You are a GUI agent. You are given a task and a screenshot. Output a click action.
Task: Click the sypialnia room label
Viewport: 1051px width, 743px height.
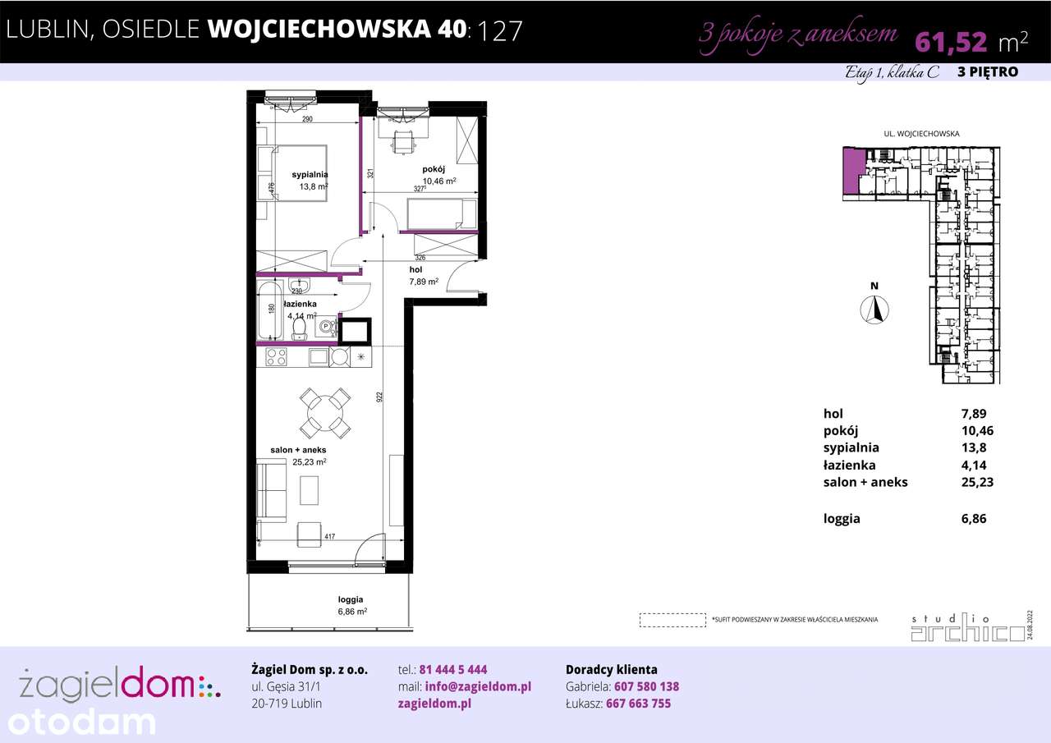310,174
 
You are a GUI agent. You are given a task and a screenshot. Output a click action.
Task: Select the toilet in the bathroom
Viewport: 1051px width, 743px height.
300,328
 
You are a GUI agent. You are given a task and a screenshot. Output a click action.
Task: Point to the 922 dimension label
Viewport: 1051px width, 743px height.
379,397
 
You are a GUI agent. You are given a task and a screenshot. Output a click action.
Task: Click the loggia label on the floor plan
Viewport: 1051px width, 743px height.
350,599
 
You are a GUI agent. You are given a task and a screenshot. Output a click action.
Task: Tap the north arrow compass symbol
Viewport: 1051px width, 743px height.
875,310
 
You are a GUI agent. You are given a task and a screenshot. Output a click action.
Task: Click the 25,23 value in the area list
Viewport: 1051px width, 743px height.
976,482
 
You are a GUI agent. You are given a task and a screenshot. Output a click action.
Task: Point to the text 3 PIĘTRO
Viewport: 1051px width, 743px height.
988,72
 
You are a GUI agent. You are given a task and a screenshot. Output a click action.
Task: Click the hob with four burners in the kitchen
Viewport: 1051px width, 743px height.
275,357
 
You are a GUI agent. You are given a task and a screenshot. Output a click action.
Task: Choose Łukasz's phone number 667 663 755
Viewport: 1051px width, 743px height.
638,704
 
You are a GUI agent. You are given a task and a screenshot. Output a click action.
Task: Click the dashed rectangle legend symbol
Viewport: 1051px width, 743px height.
672,619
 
